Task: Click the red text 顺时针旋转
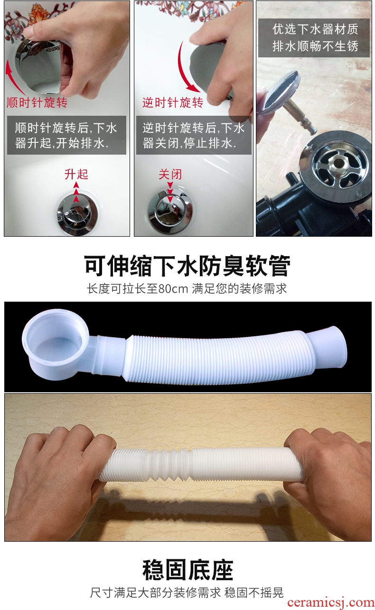point(37,102)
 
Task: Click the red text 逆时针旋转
point(172,102)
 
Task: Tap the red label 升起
point(76,174)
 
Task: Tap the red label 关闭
point(170,174)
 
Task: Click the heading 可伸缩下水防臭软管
point(187,266)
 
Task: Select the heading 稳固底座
point(188,570)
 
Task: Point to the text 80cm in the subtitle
point(173,289)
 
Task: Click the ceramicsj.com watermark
point(331,602)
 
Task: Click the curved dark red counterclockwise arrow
point(185,68)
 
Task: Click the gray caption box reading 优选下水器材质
point(314,38)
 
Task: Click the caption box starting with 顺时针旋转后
point(66,135)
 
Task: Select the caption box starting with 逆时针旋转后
point(194,135)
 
